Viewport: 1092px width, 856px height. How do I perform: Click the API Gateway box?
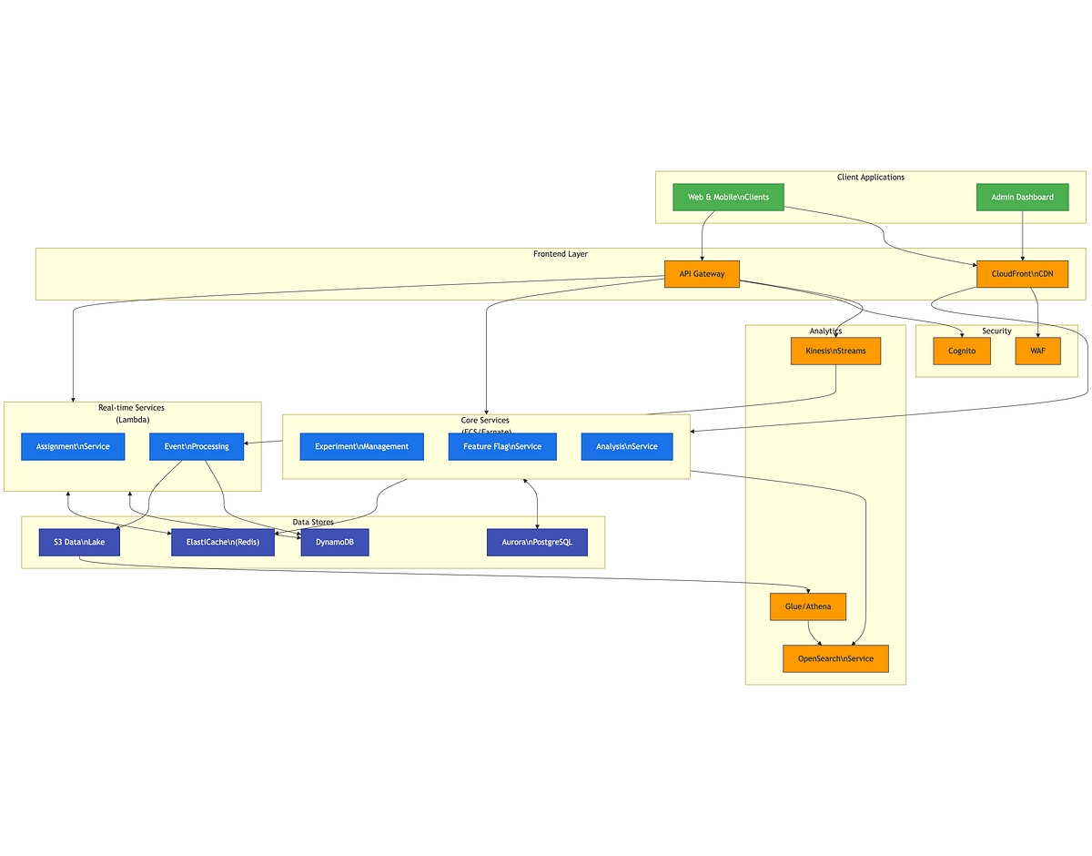(x=702, y=274)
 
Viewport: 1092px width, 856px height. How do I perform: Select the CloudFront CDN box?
(x=1022, y=274)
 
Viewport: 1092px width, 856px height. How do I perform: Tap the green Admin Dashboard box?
(x=1022, y=198)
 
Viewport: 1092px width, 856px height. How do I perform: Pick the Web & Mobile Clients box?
(x=728, y=198)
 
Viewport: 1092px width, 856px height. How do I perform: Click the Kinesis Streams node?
(x=835, y=351)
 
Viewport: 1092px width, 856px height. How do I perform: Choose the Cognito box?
(x=961, y=351)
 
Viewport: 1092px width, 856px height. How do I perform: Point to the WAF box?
(x=1037, y=351)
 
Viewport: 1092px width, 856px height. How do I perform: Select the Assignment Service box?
(x=73, y=446)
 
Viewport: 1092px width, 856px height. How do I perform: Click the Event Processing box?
(x=197, y=446)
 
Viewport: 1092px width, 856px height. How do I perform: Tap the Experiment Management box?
(x=361, y=446)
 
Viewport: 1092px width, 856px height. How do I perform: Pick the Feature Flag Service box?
(x=502, y=446)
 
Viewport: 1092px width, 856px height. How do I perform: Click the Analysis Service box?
(x=627, y=446)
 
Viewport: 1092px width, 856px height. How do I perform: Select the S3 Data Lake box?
(x=79, y=542)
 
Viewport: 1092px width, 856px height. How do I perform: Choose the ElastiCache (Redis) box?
(x=223, y=542)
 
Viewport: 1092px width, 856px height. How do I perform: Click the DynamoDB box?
(x=334, y=542)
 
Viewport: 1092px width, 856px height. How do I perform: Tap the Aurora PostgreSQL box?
(x=537, y=542)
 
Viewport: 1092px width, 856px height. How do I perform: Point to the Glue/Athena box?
(x=808, y=606)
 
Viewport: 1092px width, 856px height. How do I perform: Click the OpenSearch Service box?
(x=835, y=658)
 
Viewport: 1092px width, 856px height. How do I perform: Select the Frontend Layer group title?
(x=560, y=254)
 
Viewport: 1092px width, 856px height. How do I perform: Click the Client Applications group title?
(x=870, y=178)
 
